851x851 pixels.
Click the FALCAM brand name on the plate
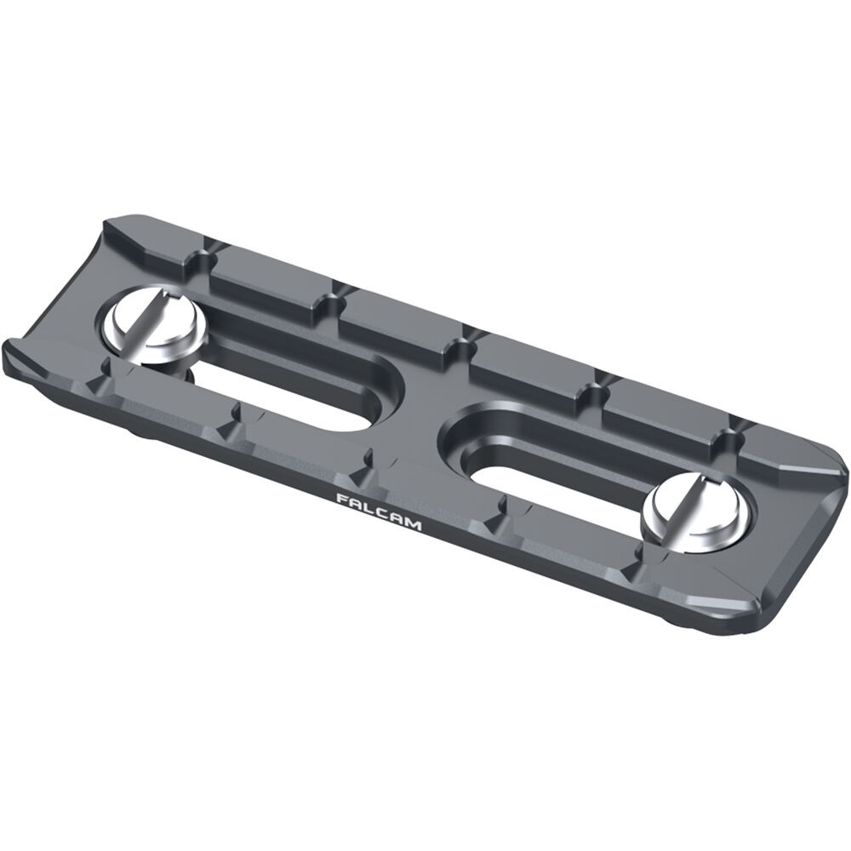click(x=379, y=511)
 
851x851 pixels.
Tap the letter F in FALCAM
click(x=341, y=498)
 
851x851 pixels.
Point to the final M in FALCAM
click(x=413, y=525)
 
